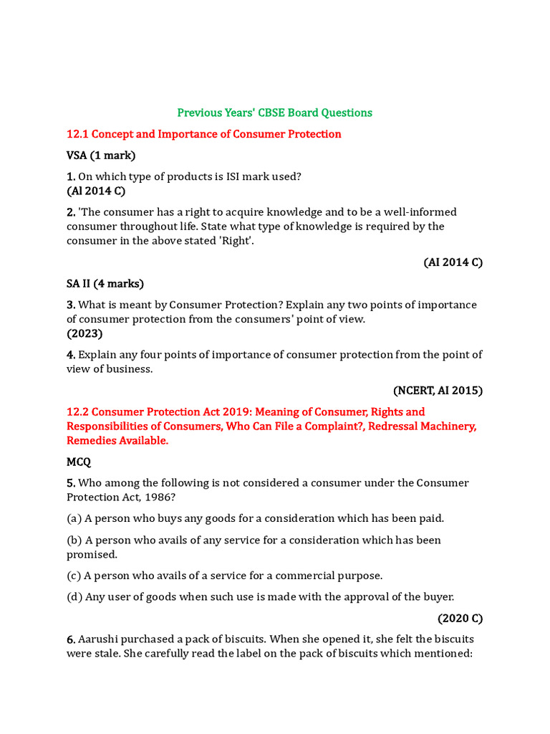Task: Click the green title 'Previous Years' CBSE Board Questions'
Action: point(274,113)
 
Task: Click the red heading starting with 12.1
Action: point(203,134)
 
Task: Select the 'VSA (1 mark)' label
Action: point(101,155)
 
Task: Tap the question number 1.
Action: point(70,176)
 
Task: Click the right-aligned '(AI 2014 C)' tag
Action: point(453,262)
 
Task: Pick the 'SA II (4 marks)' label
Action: point(105,284)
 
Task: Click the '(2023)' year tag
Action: point(85,333)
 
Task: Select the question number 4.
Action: point(70,355)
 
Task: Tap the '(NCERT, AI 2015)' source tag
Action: point(438,391)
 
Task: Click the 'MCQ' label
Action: point(79,462)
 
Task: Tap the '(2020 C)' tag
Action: point(460,618)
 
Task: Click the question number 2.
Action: point(70,212)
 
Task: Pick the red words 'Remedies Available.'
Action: point(117,440)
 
